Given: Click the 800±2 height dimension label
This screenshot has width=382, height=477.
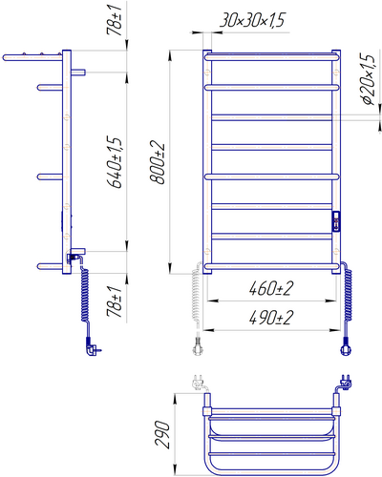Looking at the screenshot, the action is (158, 163).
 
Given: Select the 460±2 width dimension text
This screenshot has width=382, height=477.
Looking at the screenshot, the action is (271, 288).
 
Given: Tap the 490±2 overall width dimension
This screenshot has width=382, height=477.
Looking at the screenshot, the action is (271, 318).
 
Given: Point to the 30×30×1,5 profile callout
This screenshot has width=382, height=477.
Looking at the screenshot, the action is (252, 20).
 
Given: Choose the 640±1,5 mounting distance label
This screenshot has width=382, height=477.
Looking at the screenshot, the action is (115, 163).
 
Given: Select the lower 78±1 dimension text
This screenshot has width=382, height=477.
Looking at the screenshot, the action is (115, 301).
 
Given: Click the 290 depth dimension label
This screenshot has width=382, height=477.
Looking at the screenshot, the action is (162, 434).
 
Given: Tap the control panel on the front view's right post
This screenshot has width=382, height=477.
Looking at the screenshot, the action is (336, 220).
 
